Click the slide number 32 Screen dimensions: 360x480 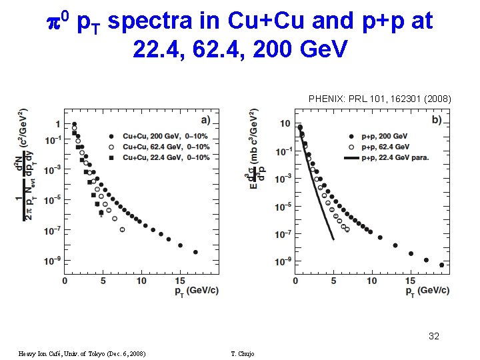(434, 336)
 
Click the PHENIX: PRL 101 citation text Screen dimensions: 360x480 (379, 99)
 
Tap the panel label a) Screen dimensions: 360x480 (205, 120)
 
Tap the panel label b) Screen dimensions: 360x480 (437, 120)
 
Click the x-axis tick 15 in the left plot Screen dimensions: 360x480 (180, 281)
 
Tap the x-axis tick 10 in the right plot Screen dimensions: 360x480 (372, 281)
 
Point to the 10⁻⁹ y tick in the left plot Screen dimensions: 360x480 (52, 260)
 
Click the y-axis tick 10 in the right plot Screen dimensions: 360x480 (285, 124)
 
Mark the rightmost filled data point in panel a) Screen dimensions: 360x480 (195, 252)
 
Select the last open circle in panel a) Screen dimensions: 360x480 (122, 229)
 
